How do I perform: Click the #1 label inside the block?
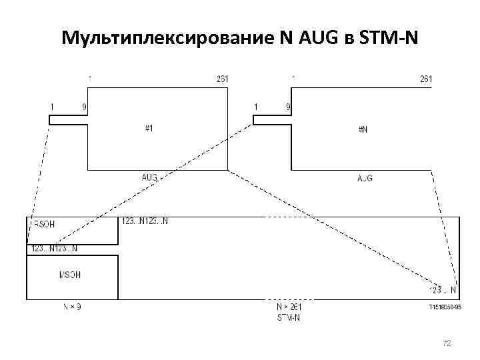(149, 129)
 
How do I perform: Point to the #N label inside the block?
(363, 129)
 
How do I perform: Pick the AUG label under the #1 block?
(149, 178)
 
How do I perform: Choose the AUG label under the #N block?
(365, 179)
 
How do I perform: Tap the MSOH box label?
(70, 275)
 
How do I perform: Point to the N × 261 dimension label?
(289, 307)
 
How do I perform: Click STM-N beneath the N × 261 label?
(289, 317)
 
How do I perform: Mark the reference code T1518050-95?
(445, 308)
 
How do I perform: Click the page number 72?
(447, 343)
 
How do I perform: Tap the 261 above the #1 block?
(223, 79)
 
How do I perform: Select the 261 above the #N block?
(426, 79)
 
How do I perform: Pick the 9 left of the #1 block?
(84, 107)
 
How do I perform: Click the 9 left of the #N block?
(288, 107)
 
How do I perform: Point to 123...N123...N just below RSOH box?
(55, 249)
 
